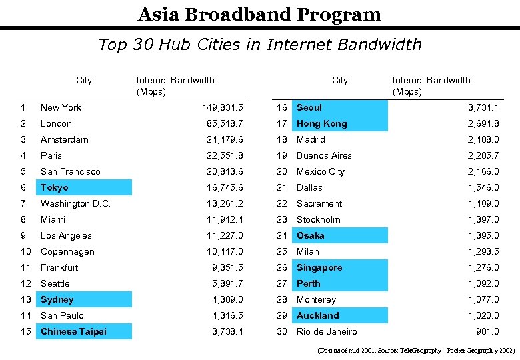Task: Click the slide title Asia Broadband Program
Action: coord(259,14)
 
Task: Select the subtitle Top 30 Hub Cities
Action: coord(259,45)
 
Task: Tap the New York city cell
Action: coord(61,107)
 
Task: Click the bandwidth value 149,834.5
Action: coord(223,107)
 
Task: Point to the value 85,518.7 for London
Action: coord(225,123)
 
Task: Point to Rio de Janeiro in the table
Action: coord(327,331)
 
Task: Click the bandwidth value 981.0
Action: coord(487,331)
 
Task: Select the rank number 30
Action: coord(282,331)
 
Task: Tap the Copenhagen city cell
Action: coord(67,251)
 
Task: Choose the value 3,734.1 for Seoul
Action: coord(483,107)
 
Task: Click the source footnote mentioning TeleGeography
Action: coord(416,350)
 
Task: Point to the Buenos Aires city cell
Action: coord(324,155)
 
